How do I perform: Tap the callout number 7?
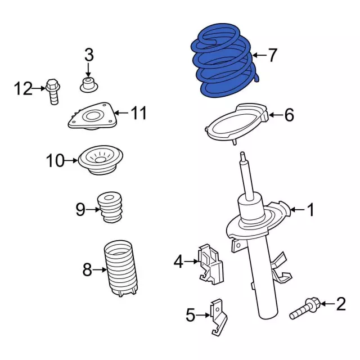272,55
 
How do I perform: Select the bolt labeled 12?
53,92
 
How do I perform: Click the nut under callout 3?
89,85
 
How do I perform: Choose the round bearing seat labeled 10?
101,160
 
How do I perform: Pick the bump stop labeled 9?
110,208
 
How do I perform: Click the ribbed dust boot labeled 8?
120,269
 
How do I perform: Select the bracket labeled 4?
210,264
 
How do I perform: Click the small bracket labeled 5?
218,317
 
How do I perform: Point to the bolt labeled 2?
305,308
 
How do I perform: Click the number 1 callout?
310,210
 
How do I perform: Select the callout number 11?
138,113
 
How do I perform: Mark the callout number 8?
87,270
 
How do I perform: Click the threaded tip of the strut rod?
242,157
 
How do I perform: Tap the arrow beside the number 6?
276,115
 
